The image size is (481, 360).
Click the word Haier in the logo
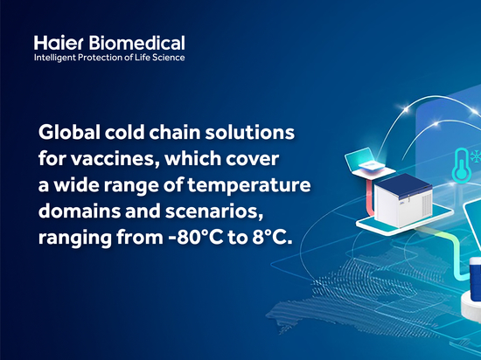[59, 43]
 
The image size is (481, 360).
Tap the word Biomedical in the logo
[137, 43]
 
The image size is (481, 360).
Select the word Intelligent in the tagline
[54, 58]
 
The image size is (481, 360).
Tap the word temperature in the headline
[249, 185]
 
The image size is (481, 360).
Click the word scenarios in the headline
[214, 211]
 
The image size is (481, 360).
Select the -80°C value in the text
[196, 238]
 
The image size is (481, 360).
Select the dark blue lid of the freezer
[403, 182]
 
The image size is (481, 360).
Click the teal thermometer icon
[462, 164]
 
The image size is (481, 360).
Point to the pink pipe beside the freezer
[370, 197]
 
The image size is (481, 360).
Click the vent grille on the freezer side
[427, 204]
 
